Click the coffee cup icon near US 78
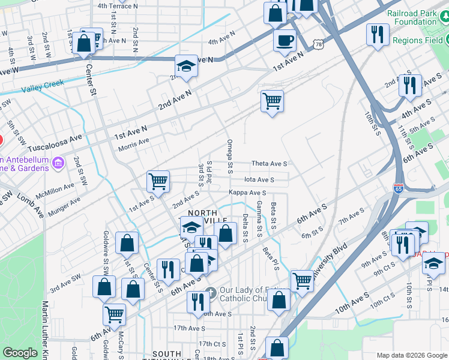click(x=285, y=41)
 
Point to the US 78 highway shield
click(x=318, y=45)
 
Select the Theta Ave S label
click(x=270, y=163)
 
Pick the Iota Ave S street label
click(x=259, y=179)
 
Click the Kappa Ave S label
click(x=247, y=193)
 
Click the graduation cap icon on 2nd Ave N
click(x=187, y=67)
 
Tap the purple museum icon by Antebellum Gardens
click(x=58, y=163)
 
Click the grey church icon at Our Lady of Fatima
click(x=209, y=293)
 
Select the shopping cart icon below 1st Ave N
click(x=272, y=101)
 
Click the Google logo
click(x=20, y=353)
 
